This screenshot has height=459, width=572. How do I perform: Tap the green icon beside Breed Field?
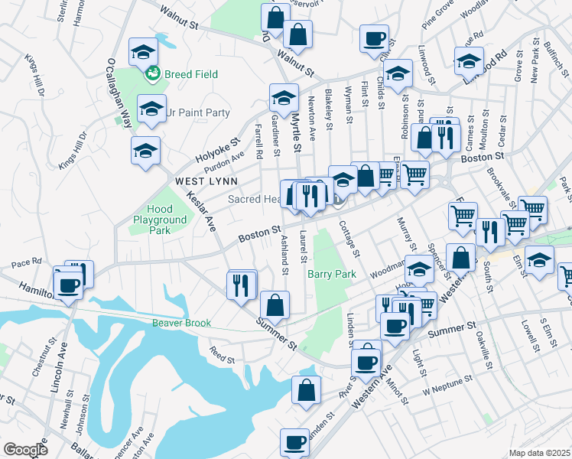pyautogui.click(x=151, y=74)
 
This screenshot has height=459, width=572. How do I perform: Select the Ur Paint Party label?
pyautogui.click(x=197, y=112)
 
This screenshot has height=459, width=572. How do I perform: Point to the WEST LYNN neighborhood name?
pyautogui.click(x=205, y=181)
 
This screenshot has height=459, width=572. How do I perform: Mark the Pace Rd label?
pyautogui.click(x=27, y=263)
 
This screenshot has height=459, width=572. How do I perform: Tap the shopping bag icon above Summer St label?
pyautogui.click(x=275, y=304)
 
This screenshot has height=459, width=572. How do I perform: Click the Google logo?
pyautogui.click(x=25, y=450)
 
